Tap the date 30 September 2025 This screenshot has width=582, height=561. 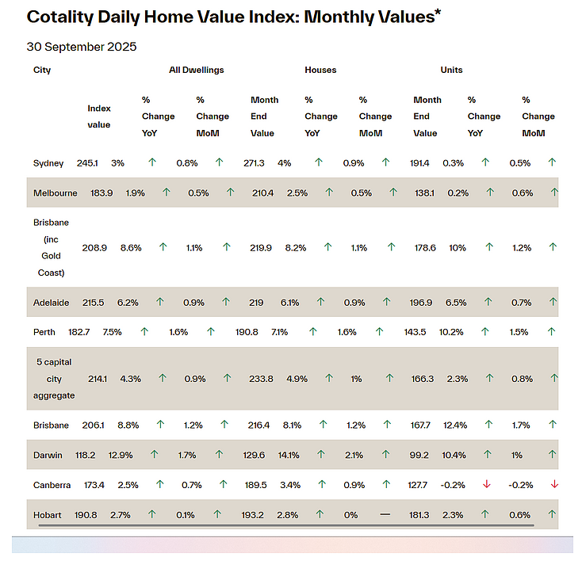pyautogui.click(x=82, y=47)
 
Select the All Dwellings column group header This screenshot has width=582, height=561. pyautogui.click(x=197, y=70)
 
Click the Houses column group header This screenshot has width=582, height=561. pyautogui.click(x=320, y=70)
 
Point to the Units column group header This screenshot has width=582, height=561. pyautogui.click(x=451, y=70)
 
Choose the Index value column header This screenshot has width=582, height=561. pyautogui.click(x=99, y=116)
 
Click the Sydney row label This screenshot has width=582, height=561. pyautogui.click(x=48, y=163)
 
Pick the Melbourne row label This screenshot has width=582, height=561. pyautogui.click(x=56, y=193)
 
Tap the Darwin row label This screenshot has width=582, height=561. pyautogui.click(x=48, y=455)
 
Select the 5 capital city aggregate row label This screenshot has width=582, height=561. pyautogui.click(x=54, y=379)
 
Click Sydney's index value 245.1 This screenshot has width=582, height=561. pyautogui.click(x=87, y=163)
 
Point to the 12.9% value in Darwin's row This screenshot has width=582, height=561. pyautogui.click(x=121, y=455)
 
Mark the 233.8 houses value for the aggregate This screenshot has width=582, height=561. pyautogui.click(x=261, y=379)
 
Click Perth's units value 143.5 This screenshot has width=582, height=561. pyautogui.click(x=415, y=332)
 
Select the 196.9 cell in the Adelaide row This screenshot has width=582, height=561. pyautogui.click(x=421, y=303)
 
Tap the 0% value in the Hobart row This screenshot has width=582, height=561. pyautogui.click(x=350, y=515)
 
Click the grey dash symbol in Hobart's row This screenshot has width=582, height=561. pyautogui.click(x=385, y=514)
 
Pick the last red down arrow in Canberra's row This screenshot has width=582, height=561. pyautogui.click(x=554, y=484)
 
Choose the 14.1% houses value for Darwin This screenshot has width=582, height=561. pyautogui.click(x=289, y=455)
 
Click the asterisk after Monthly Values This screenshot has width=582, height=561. pyautogui.click(x=438, y=11)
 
